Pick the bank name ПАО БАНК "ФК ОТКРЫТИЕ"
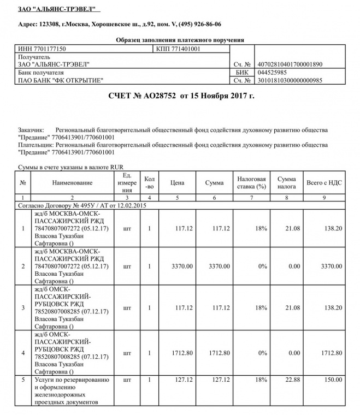(61, 80)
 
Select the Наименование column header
(72, 182)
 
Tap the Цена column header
(176, 182)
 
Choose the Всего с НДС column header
(324, 182)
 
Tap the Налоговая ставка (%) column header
(251, 182)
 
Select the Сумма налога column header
(286, 182)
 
